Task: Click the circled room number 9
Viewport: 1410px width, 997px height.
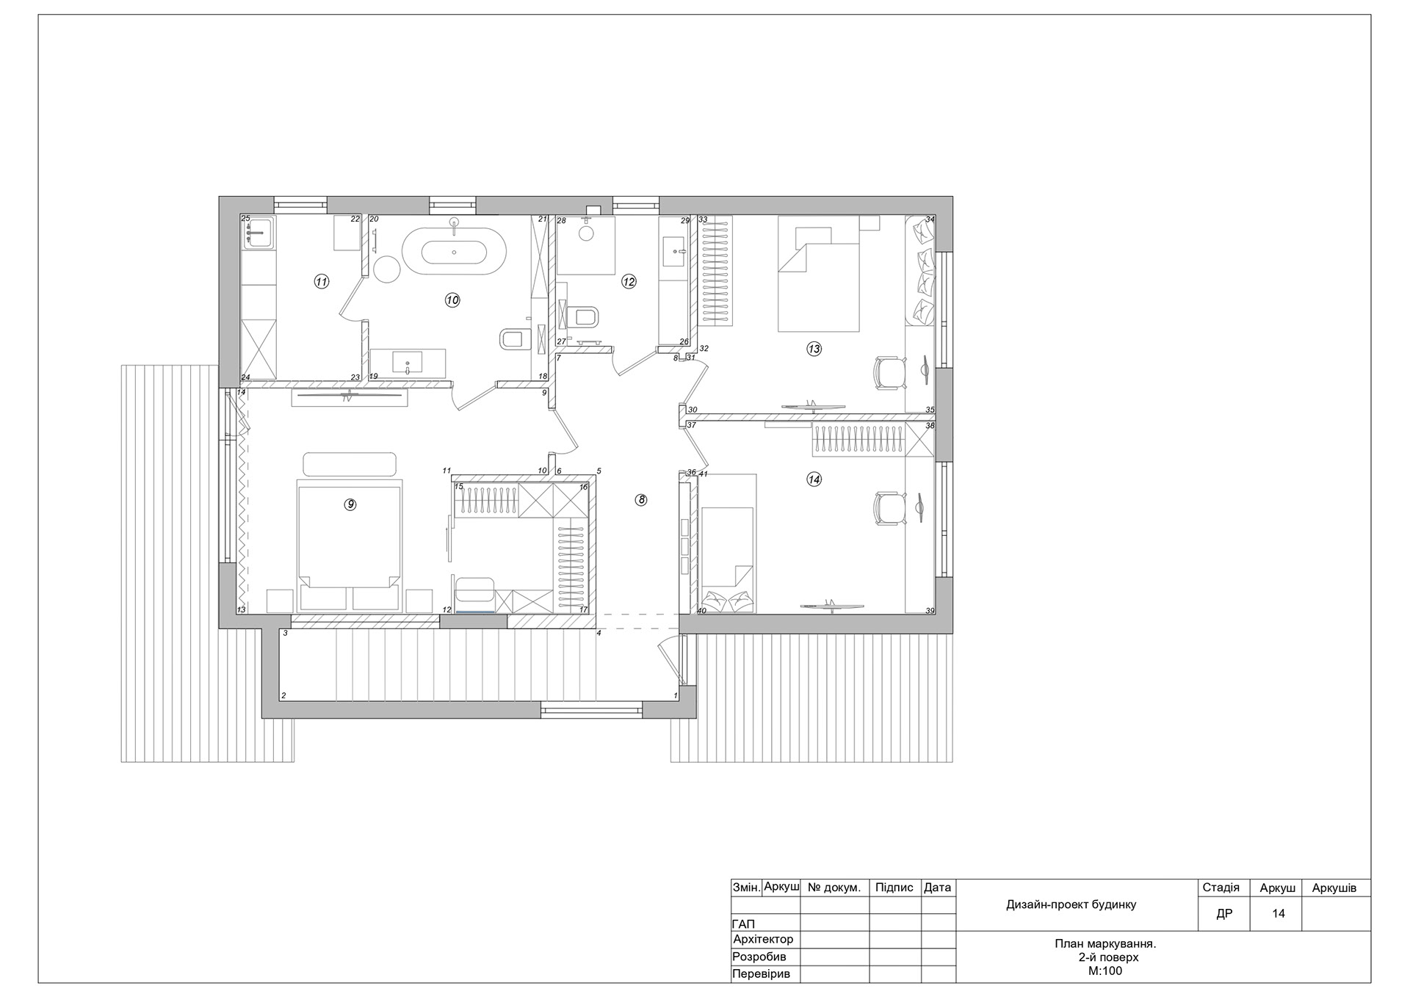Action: pyautogui.click(x=350, y=504)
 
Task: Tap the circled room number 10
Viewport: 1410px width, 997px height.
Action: pyautogui.click(x=452, y=300)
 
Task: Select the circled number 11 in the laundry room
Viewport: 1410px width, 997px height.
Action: pyautogui.click(x=321, y=281)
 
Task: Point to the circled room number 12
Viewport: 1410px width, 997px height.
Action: pyautogui.click(x=629, y=281)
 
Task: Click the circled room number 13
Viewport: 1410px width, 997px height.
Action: pyautogui.click(x=814, y=349)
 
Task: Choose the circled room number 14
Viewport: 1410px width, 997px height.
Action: pyautogui.click(x=814, y=479)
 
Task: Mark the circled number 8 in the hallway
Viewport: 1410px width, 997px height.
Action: pyautogui.click(x=641, y=500)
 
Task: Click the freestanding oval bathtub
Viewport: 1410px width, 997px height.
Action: pyautogui.click(x=453, y=251)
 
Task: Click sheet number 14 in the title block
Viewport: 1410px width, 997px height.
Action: pyautogui.click(x=1279, y=914)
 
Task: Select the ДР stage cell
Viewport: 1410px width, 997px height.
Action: pyautogui.click(x=1224, y=914)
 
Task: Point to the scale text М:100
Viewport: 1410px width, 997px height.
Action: pyautogui.click(x=1105, y=971)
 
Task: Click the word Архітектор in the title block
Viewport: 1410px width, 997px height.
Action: pyautogui.click(x=763, y=939)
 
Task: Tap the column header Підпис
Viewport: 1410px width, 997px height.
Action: pyautogui.click(x=894, y=888)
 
